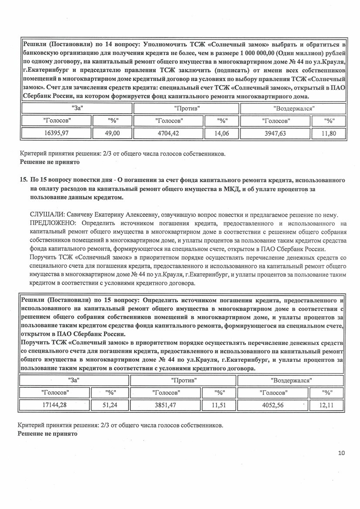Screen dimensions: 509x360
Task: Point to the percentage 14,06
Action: tap(222, 134)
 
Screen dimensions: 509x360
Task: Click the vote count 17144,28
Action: tap(55, 405)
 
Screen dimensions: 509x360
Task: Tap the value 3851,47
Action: tap(166, 405)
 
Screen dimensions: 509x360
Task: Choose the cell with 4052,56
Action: tap(273, 405)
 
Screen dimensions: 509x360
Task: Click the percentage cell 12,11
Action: tap(326, 405)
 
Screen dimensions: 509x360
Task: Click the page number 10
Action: tap(341, 453)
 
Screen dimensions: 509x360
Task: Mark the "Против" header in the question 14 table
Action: tap(187, 108)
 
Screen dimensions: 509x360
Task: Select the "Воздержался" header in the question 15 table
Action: tap(291, 380)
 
